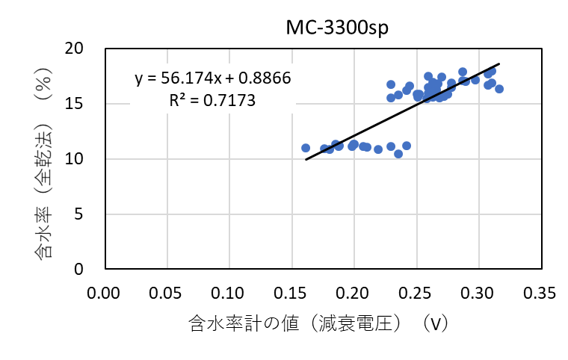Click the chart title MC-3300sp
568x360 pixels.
coord(332,28)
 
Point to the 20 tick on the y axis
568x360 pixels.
coord(84,49)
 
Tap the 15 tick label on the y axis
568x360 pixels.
coord(84,104)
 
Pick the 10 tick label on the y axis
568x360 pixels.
coord(84,159)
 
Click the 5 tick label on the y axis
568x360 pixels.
coord(88,214)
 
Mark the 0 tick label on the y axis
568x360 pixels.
coord(88,269)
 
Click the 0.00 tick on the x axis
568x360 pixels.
coord(105,290)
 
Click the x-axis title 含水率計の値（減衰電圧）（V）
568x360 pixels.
coord(318,323)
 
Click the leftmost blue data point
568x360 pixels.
coord(306,148)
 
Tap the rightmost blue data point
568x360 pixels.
coord(499,89)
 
